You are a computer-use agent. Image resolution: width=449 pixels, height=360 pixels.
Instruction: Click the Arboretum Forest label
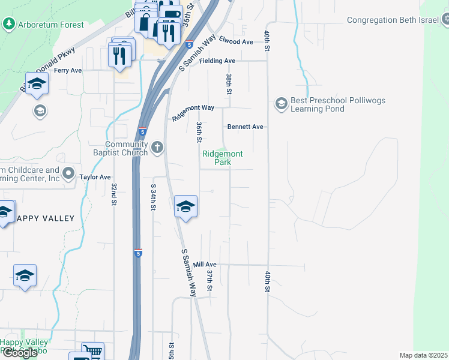[50, 25]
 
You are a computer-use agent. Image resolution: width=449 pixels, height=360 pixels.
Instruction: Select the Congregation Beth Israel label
[393, 20]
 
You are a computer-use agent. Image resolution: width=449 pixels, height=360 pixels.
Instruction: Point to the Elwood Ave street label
[236, 41]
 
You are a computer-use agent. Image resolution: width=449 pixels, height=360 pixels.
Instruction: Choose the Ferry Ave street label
[68, 70]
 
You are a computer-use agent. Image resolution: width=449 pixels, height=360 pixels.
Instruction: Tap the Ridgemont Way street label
[193, 113]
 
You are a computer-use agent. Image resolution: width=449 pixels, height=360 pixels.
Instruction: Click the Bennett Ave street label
[245, 127]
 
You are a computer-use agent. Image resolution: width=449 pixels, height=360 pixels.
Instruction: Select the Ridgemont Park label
[223, 158]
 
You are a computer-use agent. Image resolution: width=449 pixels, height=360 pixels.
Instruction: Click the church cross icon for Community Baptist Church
[157, 147]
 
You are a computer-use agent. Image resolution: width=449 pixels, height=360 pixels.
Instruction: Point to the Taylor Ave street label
[95, 178]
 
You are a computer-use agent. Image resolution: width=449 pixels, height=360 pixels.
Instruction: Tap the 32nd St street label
[113, 194]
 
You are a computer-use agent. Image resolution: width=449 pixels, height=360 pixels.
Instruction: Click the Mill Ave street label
[205, 264]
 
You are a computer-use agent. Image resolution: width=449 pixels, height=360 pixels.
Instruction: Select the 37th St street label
[210, 280]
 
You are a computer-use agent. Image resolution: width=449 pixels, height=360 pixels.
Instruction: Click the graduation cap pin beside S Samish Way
[186, 207]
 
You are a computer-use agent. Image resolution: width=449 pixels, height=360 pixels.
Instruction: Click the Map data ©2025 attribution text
[423, 355]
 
